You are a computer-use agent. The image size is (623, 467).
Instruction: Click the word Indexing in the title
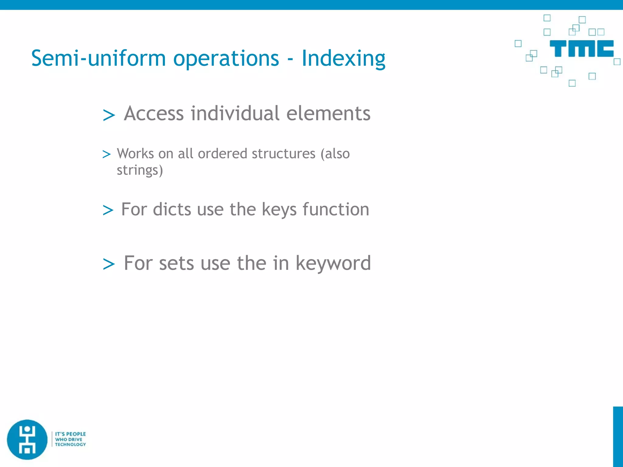343,58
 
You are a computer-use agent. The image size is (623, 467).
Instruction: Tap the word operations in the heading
226,58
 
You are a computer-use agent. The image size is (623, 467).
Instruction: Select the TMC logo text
581,49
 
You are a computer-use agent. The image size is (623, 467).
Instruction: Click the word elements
328,113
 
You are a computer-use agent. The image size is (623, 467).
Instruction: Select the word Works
135,154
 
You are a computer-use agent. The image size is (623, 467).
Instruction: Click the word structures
284,154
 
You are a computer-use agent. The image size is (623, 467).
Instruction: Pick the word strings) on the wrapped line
140,170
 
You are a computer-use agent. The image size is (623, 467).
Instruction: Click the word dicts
172,209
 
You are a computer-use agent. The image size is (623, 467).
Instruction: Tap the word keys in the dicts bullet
279,209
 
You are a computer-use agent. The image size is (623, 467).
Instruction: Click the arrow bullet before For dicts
108,210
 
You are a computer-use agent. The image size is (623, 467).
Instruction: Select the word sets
176,263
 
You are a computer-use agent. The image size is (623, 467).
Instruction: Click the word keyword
333,263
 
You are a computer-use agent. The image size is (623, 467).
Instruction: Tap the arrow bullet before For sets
109,264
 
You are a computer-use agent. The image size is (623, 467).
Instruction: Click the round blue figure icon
27,439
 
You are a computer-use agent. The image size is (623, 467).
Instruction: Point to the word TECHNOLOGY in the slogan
70,445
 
